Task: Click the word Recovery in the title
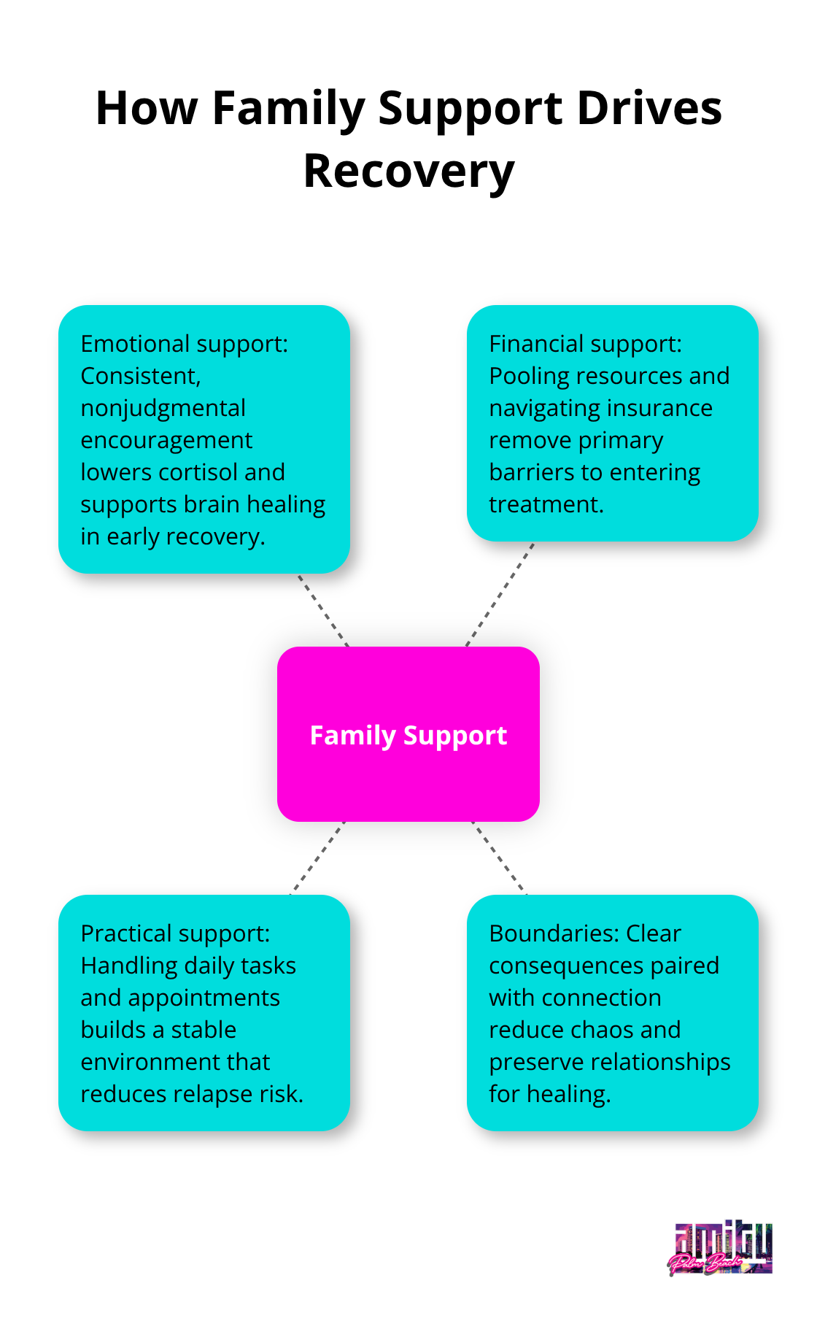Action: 408,172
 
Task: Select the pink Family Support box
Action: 408,734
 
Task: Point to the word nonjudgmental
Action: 163,408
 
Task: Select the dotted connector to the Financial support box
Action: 500,594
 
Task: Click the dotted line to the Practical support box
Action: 317,858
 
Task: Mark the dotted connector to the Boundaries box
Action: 499,858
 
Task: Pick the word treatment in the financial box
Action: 546,504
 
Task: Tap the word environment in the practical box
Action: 175,1062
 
